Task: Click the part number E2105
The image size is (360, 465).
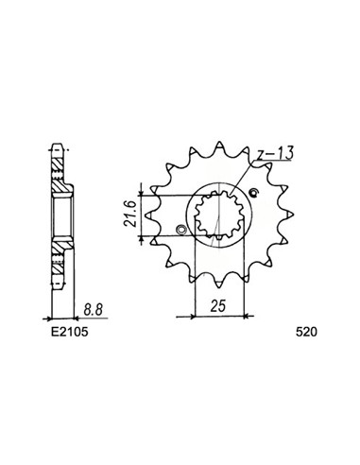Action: [70, 332]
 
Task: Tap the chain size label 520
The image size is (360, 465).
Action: [306, 332]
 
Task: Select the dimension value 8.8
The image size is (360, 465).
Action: [94, 310]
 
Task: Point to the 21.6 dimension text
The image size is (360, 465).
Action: [130, 215]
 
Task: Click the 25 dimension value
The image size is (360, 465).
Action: [218, 305]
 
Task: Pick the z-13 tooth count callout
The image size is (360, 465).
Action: [274, 153]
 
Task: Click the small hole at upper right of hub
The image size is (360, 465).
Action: [253, 193]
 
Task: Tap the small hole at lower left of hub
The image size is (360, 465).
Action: [181, 230]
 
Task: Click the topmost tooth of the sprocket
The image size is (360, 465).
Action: [218, 147]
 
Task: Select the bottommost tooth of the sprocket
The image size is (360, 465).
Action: [218, 283]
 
